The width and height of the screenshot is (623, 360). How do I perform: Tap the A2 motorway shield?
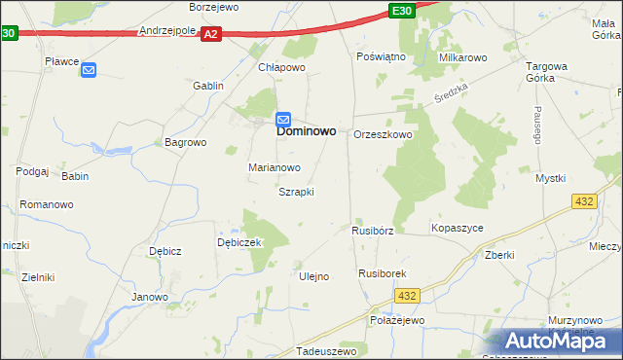pos(212,34)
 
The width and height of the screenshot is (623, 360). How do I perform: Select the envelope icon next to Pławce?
pos(89,69)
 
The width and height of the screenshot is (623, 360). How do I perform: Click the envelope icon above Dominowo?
pos(283,119)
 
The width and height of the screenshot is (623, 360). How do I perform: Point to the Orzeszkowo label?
pos(382,134)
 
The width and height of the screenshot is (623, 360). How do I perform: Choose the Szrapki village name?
pos(296,192)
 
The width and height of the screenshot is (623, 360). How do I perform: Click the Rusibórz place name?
pos(372,232)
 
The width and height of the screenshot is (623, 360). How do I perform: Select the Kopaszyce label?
pos(457,228)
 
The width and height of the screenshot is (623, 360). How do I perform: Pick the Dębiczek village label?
pos(239,242)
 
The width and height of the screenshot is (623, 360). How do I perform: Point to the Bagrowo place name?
pos(186,142)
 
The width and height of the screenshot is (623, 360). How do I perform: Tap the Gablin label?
pos(208,86)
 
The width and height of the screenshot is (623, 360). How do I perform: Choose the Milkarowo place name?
pos(462,57)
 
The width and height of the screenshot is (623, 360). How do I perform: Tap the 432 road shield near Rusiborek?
pos(408,296)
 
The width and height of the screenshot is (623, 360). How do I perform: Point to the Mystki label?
pos(550,178)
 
